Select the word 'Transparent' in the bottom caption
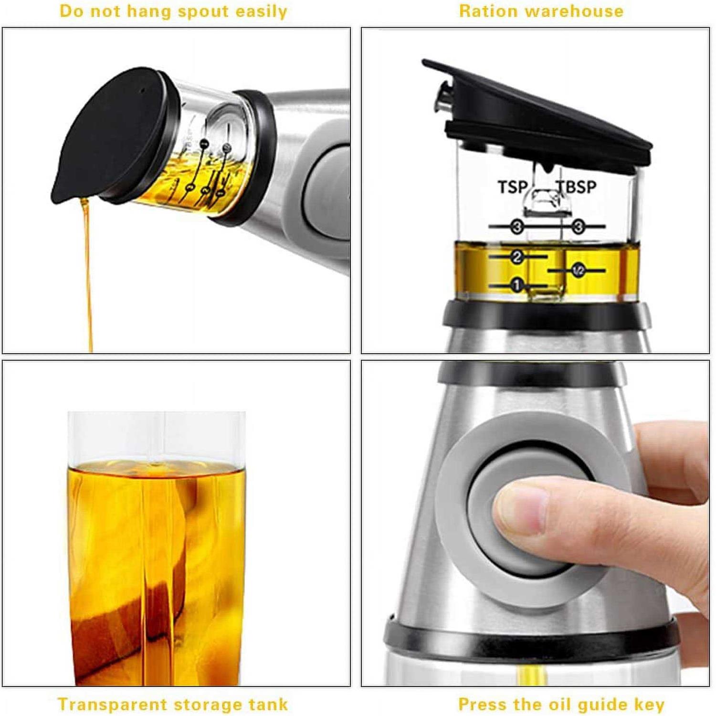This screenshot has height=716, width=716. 112,704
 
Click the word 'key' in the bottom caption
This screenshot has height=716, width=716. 649,705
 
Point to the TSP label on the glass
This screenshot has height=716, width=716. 513,187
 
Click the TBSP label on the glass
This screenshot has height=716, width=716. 578,187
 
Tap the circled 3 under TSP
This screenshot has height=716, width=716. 517,226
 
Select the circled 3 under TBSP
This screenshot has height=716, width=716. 579,226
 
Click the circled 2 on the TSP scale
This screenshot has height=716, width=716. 517,257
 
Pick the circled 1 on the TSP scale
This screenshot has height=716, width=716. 516,285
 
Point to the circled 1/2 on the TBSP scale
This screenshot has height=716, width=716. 579,271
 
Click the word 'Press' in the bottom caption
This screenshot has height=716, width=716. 483,704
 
